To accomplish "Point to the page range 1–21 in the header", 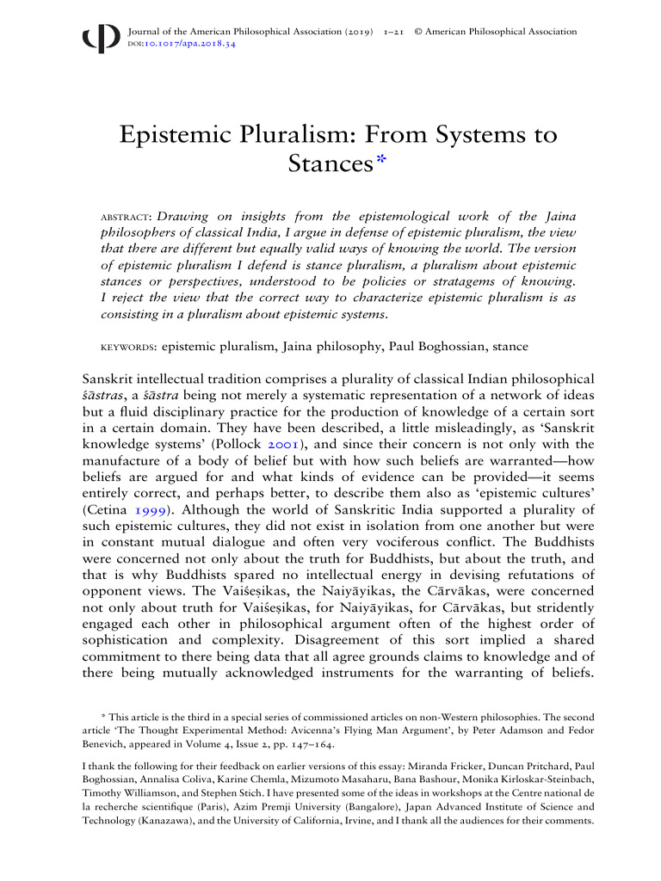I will coord(393,32).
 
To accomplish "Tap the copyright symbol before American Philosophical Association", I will coord(417,32).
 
